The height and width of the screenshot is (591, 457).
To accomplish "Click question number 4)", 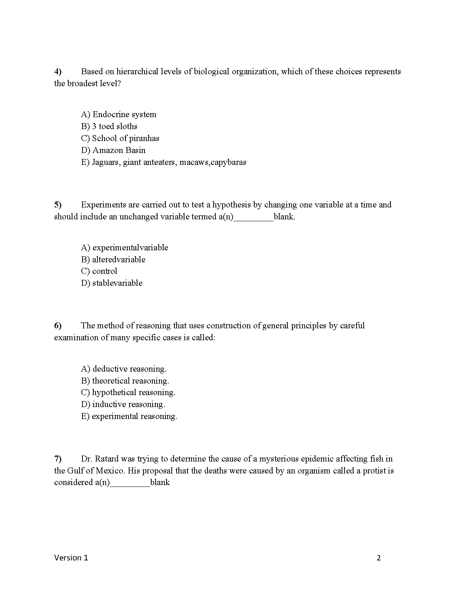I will click(x=58, y=72).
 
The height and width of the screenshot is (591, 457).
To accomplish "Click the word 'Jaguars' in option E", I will click(x=106, y=162).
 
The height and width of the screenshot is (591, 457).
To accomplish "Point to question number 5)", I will click(x=58, y=205).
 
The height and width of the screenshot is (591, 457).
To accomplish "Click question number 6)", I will click(x=58, y=326).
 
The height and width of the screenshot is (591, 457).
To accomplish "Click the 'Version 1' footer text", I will click(x=71, y=558).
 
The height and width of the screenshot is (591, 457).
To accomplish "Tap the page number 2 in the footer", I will click(x=379, y=558).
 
